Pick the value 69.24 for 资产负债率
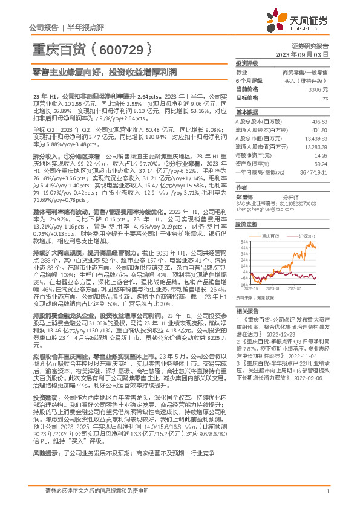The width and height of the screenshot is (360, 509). click(x=321, y=163)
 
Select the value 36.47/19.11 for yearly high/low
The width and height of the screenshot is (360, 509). click(x=315, y=172)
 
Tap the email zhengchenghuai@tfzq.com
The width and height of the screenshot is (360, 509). click(x=261, y=209)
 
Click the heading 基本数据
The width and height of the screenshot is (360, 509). click(x=244, y=112)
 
